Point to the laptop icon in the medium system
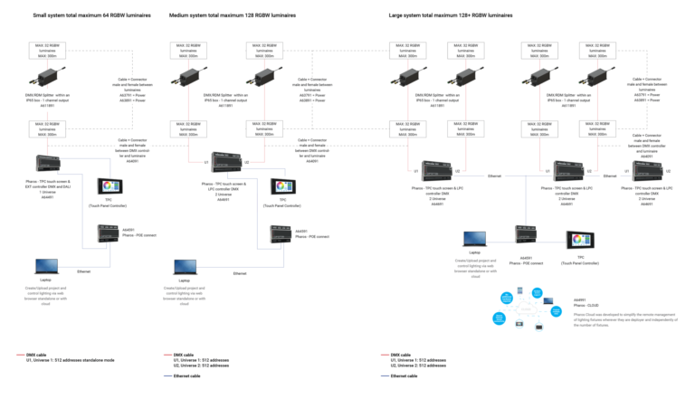[183, 266]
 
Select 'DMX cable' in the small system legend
[37, 355]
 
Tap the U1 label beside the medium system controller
[205, 162]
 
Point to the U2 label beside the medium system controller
[246, 162]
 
